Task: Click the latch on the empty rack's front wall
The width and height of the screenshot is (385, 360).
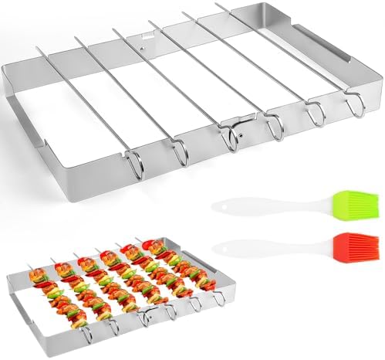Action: pos(230,138)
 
